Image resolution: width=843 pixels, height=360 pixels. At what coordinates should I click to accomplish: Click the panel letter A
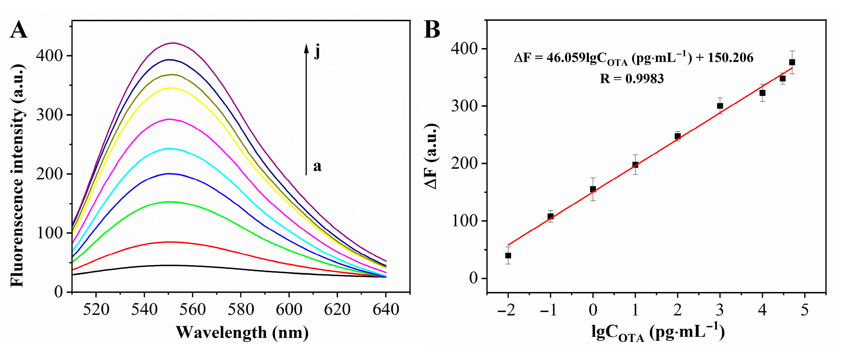tap(19, 30)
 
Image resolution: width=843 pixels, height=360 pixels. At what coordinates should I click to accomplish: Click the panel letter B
tap(432, 30)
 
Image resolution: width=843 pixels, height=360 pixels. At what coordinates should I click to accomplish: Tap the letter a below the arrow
tap(317, 166)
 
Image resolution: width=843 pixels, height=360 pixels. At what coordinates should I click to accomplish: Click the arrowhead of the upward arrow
tap(306, 48)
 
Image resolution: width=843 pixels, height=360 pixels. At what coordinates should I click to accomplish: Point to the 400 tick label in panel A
tap(49, 56)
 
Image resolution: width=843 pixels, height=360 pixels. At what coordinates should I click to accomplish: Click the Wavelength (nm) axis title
tap(242, 333)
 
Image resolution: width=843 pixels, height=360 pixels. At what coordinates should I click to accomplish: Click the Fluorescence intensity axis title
tap(17, 176)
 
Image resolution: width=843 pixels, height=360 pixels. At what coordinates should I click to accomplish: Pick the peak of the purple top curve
tap(173, 43)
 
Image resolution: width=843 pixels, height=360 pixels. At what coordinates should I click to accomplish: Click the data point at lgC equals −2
tap(508, 256)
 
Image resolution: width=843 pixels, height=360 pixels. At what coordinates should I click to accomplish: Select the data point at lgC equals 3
tap(720, 106)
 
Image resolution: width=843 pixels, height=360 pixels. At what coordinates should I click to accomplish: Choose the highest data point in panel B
tap(792, 62)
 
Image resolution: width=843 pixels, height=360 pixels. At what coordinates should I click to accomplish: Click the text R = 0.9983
tap(631, 79)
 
